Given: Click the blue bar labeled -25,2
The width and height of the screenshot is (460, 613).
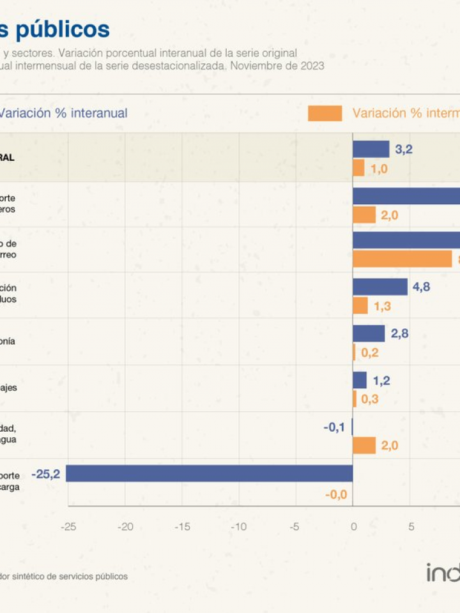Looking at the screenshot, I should click(210, 473).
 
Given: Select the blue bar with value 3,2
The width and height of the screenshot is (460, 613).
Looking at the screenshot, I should click(371, 149).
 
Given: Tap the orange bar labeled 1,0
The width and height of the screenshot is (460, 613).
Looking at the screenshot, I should click(358, 169).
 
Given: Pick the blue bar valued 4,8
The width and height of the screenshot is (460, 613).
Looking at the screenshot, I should click(380, 287).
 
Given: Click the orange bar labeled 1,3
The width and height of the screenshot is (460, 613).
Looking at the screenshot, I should click(360, 306).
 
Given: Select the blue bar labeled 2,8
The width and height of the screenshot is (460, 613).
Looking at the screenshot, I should click(369, 333).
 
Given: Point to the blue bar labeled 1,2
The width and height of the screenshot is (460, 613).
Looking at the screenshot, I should click(360, 381).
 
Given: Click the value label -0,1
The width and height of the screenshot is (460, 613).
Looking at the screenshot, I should click(334, 427).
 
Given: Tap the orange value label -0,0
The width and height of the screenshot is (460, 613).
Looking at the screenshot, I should click(335, 494).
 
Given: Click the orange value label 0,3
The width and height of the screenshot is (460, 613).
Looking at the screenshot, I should click(371, 399).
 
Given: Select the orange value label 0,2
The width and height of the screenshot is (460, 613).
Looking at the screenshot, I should click(371, 352).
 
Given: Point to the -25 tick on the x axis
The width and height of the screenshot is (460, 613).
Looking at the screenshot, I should click(68, 527).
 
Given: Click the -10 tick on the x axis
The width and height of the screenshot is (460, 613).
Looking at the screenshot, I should click(238, 527).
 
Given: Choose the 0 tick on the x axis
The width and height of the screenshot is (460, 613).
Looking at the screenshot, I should click(353, 527).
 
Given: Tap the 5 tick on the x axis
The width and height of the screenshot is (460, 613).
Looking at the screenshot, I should click(411, 527).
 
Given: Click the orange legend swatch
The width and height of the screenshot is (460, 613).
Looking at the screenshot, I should click(325, 114).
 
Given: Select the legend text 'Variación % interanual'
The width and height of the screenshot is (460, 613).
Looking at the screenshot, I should click(63, 113).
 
